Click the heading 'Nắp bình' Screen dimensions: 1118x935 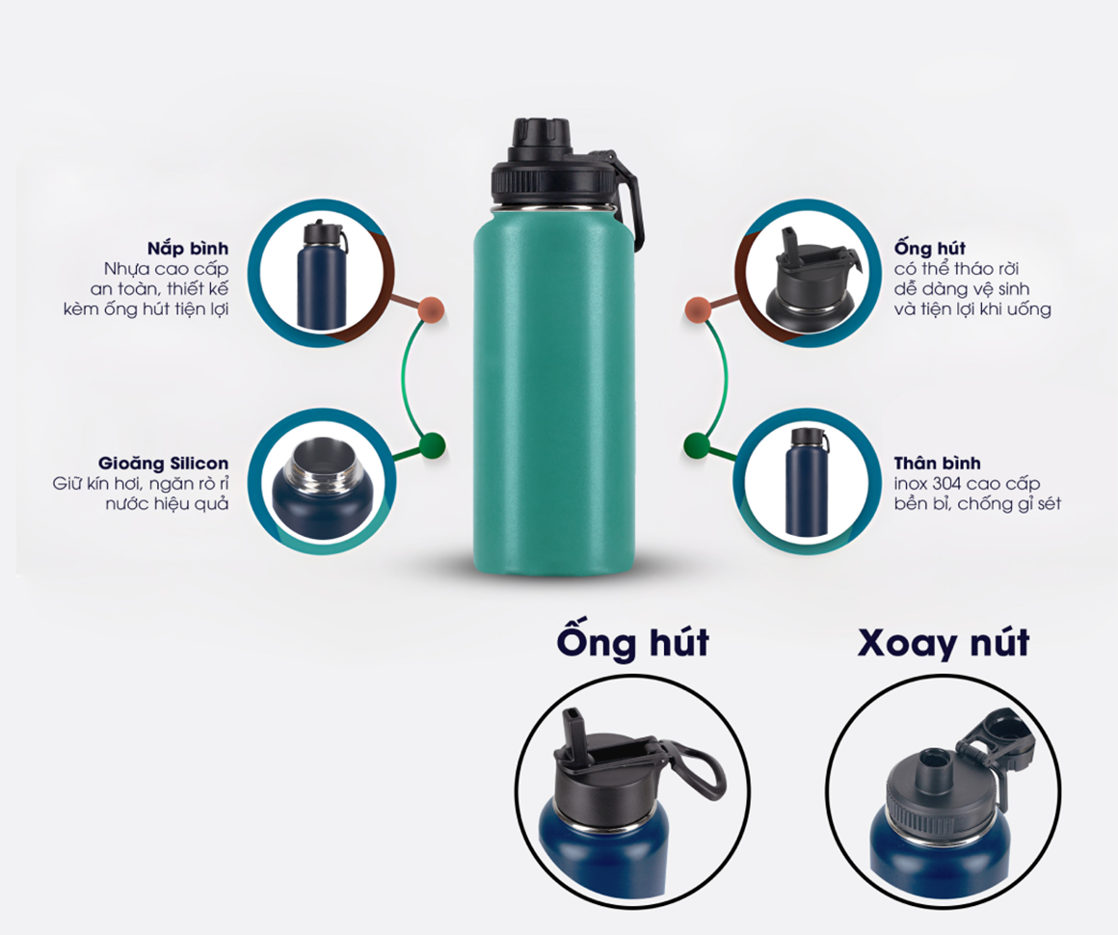tap(188, 248)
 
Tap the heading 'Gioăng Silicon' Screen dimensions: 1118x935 tap(163, 464)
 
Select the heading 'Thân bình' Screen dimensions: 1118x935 tap(937, 464)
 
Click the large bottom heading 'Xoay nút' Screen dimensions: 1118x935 tap(943, 643)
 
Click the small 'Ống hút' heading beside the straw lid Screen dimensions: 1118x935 tap(930, 248)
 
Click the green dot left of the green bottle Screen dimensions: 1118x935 tap(432, 445)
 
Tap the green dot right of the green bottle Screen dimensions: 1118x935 tap(697, 445)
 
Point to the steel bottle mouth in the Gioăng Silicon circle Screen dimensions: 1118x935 tap(317, 465)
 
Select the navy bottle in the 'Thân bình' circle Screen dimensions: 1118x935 tap(807, 481)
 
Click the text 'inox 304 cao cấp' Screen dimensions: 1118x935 tap(967, 484)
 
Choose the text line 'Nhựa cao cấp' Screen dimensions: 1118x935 tap(166, 270)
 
